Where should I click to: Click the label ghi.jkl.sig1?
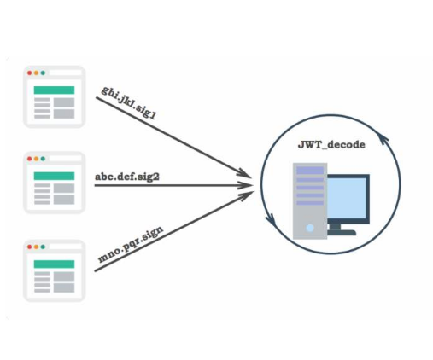click(129, 101)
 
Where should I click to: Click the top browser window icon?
click(53, 96)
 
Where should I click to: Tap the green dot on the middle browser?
click(45, 159)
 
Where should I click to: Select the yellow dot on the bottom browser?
click(38, 246)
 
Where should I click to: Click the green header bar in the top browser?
click(53, 90)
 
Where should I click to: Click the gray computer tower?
click(310, 201)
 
